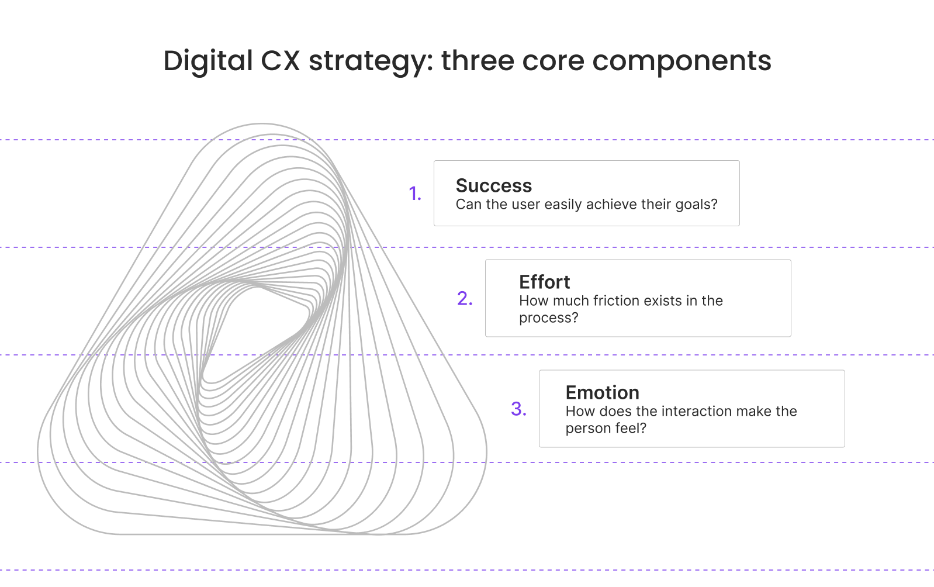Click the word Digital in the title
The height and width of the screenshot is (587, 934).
tap(207, 61)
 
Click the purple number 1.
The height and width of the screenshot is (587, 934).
tap(414, 194)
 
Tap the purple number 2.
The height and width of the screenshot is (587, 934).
tap(464, 299)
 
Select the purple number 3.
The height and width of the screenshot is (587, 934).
tap(518, 409)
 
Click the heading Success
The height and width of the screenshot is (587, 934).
tap(493, 185)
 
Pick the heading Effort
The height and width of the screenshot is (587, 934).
tap(544, 282)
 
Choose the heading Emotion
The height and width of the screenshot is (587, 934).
tap(602, 392)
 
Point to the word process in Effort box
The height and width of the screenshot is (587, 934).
tap(545, 318)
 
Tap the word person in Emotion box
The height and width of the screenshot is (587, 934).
tap(585, 429)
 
